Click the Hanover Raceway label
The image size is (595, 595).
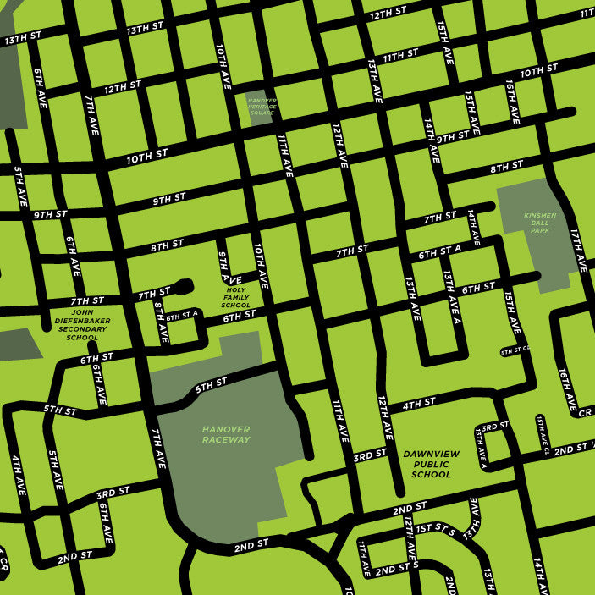tap(226, 434)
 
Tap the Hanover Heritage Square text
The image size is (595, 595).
tap(262, 106)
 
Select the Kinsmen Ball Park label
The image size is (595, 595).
tap(541, 223)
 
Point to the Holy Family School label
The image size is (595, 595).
tap(235, 298)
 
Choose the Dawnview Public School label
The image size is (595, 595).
tap(431, 464)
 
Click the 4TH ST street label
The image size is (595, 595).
tap(418, 403)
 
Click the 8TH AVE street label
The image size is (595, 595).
tap(161, 322)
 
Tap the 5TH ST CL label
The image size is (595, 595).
tap(514, 349)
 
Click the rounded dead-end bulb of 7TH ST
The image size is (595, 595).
tap(185, 285)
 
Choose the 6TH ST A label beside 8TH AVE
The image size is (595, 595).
tap(182, 316)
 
